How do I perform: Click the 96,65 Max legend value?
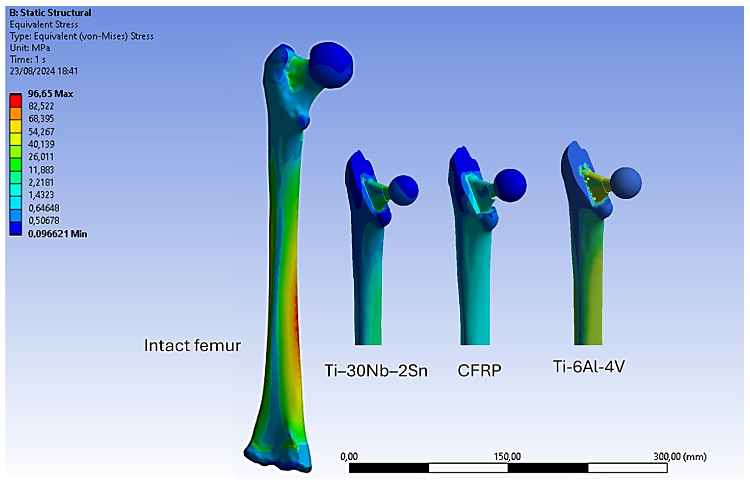tap(51, 94)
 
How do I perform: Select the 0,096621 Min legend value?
tap(58, 234)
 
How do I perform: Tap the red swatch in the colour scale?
tap(16, 101)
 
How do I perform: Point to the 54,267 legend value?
tap(41, 131)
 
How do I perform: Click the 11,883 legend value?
tap(41, 170)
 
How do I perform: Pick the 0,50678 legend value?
tap(44, 221)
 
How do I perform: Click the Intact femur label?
tap(193, 346)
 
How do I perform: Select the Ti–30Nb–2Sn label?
tap(376, 371)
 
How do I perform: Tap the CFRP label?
tap(479, 371)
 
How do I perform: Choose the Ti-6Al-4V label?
tap(589, 367)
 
